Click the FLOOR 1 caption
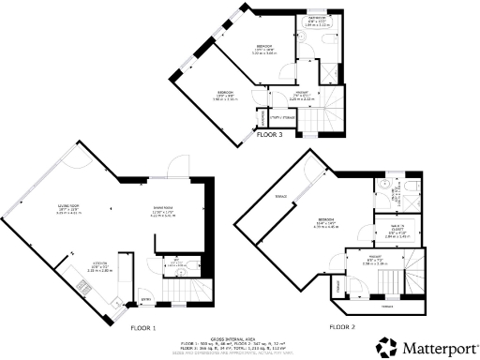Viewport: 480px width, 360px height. click(x=142, y=328)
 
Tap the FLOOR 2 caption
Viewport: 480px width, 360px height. click(x=342, y=327)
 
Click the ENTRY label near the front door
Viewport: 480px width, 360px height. click(x=145, y=300)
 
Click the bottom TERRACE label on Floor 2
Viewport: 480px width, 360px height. click(x=386, y=307)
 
